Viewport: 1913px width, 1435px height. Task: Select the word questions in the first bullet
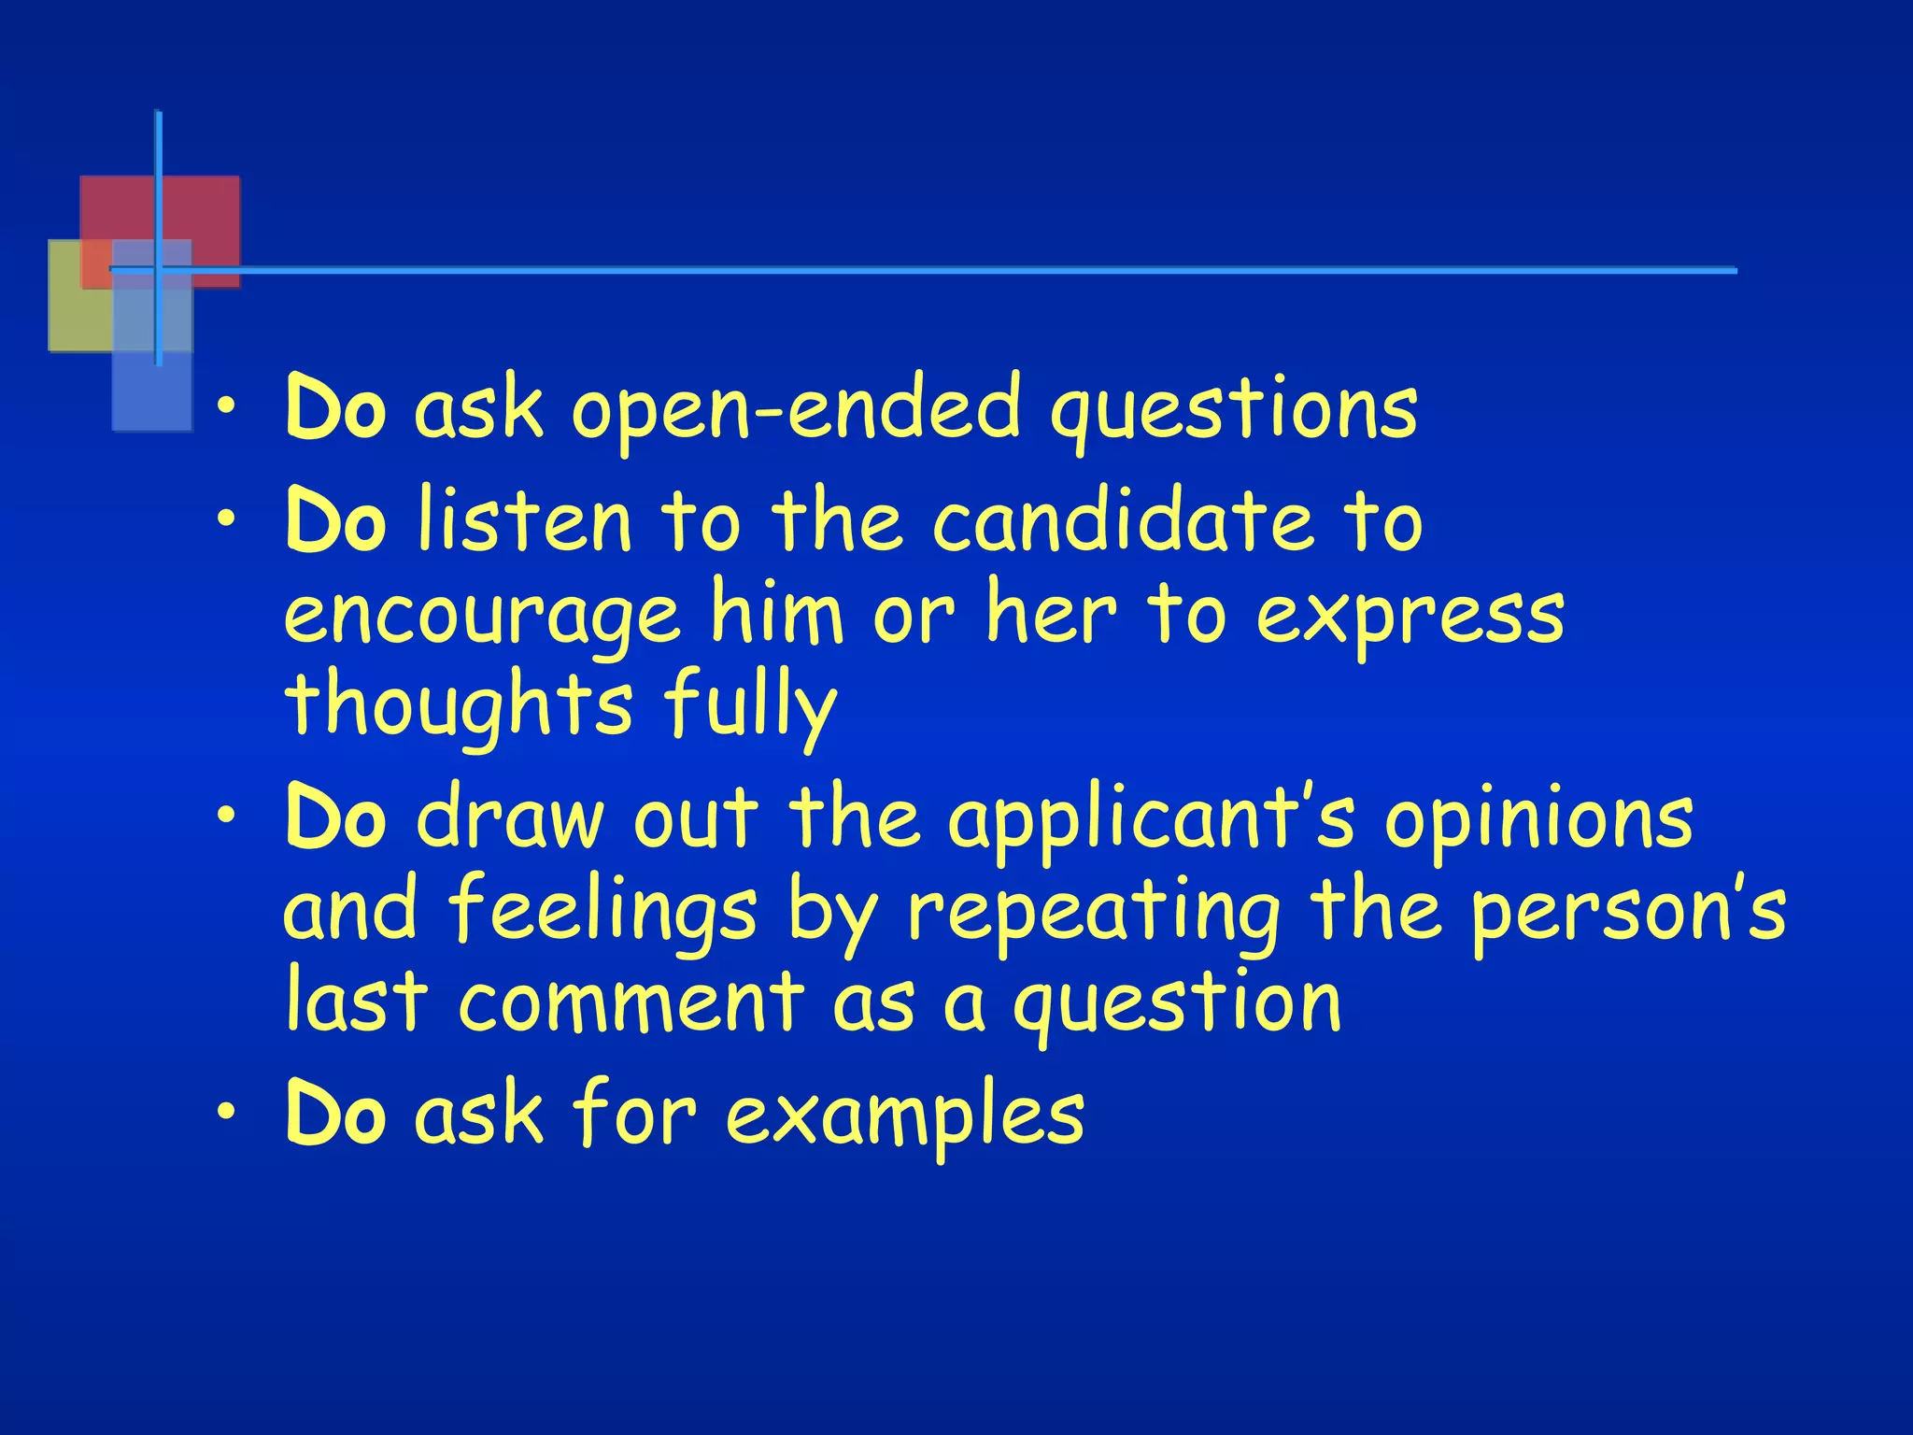[x=1233, y=411]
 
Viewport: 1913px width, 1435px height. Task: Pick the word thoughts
[x=459, y=705]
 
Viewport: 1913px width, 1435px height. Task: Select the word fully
[x=750, y=705]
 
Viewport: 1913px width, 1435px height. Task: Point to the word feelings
[x=602, y=911]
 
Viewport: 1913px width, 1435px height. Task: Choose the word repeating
[x=1093, y=911]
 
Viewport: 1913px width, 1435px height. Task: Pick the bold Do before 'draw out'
[x=335, y=818]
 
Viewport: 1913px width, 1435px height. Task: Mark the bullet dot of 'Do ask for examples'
[x=225, y=1112]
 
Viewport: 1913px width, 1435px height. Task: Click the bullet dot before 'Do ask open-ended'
[x=225, y=407]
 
